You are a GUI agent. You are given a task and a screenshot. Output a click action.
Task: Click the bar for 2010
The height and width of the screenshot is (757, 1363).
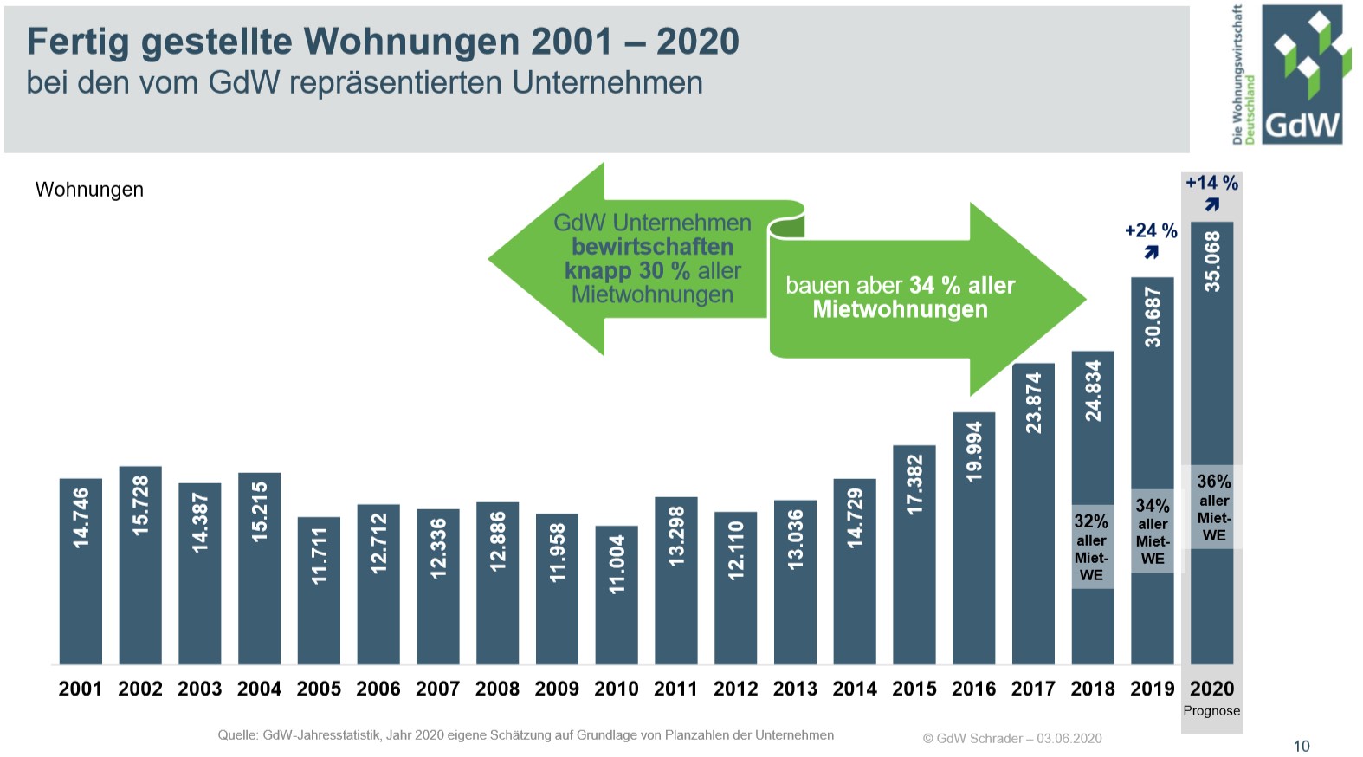point(617,595)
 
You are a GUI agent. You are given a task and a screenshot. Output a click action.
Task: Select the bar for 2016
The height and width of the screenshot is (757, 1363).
point(974,538)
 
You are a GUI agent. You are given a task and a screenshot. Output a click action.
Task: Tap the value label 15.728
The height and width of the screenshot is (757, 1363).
point(140,505)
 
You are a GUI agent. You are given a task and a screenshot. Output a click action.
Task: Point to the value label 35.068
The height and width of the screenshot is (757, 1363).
point(1212,261)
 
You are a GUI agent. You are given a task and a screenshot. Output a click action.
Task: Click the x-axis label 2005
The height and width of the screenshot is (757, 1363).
point(319,689)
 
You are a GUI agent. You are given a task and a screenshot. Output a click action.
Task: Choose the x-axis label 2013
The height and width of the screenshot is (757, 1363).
point(795,689)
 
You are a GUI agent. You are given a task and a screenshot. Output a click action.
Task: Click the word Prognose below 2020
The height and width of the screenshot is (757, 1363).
point(1211,711)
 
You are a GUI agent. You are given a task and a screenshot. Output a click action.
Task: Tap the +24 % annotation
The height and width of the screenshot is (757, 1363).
point(1151,230)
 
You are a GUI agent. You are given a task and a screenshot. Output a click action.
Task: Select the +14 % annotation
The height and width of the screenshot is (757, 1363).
point(1211,183)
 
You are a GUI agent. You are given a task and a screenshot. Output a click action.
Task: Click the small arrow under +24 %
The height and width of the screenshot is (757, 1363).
point(1151,252)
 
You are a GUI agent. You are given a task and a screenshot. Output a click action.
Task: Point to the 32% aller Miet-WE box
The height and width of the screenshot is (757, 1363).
point(1092,547)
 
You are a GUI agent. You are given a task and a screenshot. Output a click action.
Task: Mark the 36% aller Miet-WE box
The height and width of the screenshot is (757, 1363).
point(1213,508)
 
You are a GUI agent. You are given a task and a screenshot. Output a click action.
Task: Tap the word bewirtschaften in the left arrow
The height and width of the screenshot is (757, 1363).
point(652,247)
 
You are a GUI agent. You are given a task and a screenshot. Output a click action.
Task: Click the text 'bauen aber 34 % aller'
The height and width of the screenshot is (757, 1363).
point(900,285)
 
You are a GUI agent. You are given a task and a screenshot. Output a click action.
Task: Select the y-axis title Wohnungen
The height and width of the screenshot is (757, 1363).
point(89,190)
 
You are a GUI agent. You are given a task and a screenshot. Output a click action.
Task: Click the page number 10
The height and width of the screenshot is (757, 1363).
point(1301,746)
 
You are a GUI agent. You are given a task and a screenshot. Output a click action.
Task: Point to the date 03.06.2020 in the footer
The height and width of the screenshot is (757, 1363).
point(1069,739)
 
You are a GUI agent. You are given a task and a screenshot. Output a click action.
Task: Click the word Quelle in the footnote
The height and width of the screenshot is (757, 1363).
point(237,735)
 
